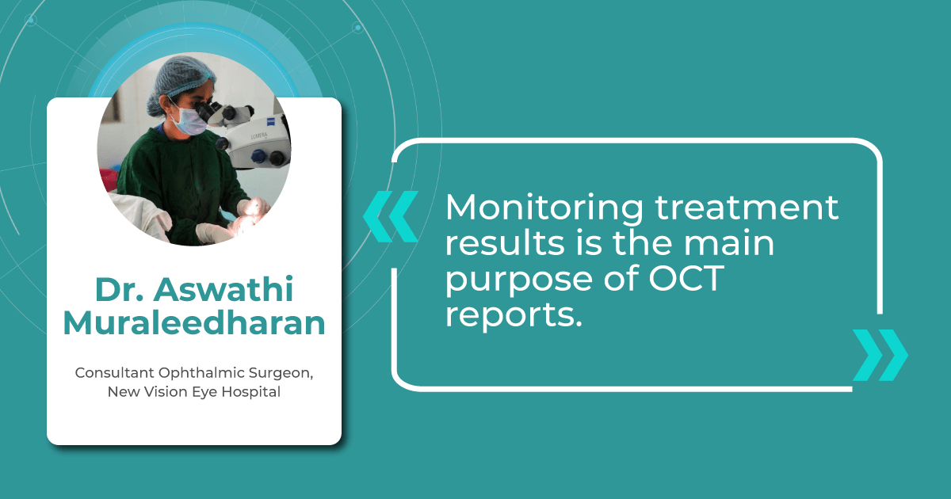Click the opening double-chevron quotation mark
click(x=390, y=216)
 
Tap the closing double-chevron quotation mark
click(x=880, y=355)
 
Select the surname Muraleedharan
click(x=194, y=323)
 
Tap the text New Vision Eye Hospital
click(x=194, y=392)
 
